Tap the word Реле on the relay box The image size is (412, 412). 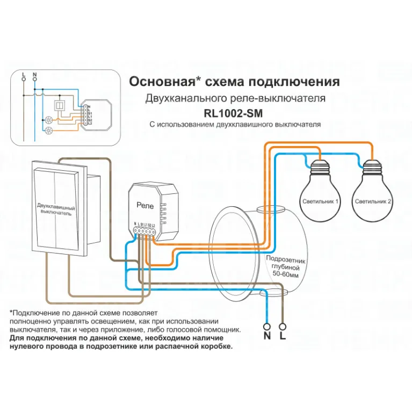[x=145, y=205]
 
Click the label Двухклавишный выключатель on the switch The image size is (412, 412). [x=55, y=209]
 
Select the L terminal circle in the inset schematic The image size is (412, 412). [x=23, y=78]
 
